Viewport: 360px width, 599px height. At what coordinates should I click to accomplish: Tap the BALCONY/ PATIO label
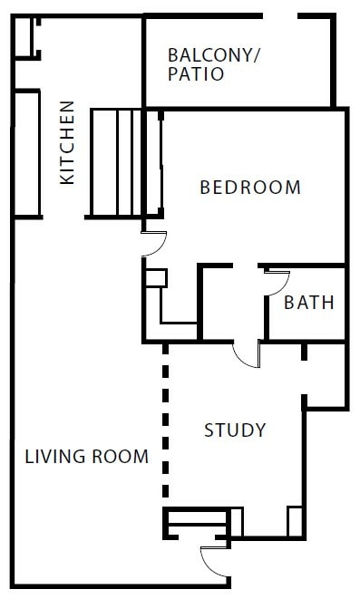[x=213, y=64]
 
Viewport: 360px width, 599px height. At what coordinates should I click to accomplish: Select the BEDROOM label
[x=249, y=188]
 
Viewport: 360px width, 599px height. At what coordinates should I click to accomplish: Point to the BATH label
[x=308, y=303]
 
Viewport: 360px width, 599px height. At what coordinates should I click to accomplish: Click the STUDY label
[x=234, y=430]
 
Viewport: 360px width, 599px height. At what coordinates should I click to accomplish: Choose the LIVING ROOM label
[x=86, y=457]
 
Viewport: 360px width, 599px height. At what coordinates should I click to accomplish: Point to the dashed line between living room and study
[x=165, y=421]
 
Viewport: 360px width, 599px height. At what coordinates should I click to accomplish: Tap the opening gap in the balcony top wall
[x=281, y=16]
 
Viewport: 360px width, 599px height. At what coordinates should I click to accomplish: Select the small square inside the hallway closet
[x=156, y=278]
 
